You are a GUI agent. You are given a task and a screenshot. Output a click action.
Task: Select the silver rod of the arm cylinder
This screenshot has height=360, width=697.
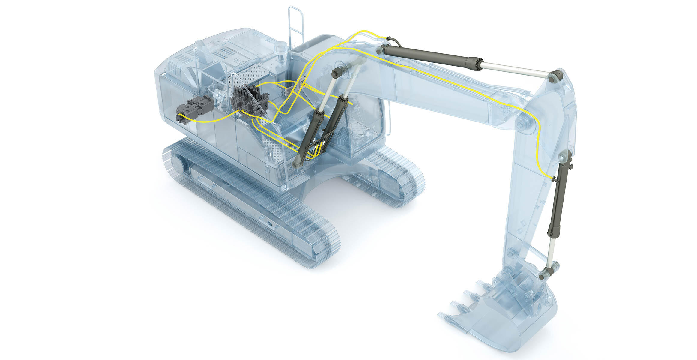[x=516, y=69]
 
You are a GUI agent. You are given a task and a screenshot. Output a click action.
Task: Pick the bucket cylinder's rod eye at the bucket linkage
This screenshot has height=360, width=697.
[x=544, y=274]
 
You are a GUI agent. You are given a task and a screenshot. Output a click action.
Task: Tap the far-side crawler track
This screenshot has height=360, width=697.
[x=390, y=177]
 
